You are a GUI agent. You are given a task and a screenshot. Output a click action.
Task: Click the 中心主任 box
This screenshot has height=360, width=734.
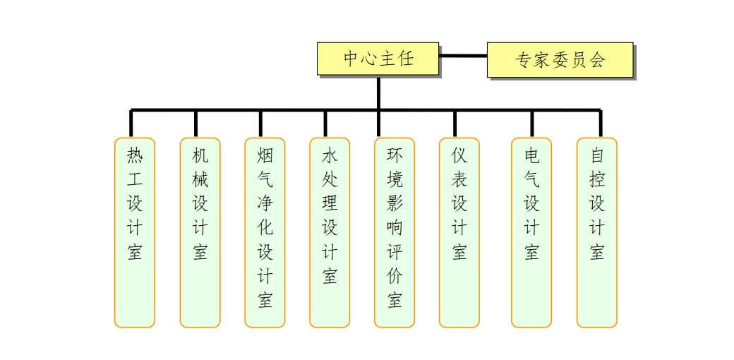pos(378,59)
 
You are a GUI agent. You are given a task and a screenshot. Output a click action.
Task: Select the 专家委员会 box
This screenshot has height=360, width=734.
pos(560,60)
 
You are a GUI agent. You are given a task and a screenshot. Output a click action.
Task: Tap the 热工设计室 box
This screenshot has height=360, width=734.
pos(135,233)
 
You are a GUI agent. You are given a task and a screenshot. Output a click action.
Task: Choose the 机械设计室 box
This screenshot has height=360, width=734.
pos(200,233)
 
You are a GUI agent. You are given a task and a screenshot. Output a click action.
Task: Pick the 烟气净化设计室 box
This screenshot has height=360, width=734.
pos(265,233)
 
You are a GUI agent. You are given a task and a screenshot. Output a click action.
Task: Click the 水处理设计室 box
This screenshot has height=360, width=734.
pos(330,233)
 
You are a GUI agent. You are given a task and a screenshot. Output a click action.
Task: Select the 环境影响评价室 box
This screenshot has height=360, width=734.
pos(394,233)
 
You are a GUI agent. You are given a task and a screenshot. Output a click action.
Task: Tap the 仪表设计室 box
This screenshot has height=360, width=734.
pos(459,233)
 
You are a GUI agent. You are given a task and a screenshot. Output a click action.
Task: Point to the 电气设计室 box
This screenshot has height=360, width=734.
pos(531,233)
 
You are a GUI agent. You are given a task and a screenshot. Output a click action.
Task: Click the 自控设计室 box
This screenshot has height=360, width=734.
pos(597,233)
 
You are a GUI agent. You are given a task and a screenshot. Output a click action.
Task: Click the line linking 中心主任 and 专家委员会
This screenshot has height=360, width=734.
pos(463,56)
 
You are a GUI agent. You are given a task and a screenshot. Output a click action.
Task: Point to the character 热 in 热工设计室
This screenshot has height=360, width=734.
pos(135,155)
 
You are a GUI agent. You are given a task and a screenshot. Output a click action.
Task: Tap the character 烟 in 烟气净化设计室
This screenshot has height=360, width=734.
pos(265,155)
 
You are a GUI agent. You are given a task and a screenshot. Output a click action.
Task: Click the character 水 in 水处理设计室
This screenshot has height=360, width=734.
pos(330,155)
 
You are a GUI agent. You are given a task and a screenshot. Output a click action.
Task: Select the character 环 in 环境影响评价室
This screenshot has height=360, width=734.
pos(395,155)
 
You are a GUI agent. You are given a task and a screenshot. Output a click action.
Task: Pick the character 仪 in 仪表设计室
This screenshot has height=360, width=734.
pos(459,155)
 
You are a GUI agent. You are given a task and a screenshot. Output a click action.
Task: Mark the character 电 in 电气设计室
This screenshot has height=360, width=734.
pos(531,155)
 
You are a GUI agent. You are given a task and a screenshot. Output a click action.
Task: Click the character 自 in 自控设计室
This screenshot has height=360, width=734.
pos(597,155)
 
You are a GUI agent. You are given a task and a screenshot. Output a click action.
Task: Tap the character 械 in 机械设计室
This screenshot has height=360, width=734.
pos(200,179)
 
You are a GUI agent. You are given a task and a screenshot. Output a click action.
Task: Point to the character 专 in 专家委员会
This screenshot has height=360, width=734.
pos(524,60)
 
